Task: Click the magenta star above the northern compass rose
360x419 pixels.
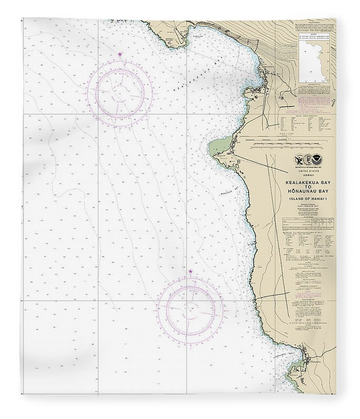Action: tap(120, 54)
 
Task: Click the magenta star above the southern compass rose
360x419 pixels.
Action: tap(190, 272)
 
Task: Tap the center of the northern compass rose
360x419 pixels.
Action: tap(120, 91)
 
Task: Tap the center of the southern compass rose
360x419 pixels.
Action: tap(190, 310)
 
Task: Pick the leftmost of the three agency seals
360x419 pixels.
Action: tap(298, 160)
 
